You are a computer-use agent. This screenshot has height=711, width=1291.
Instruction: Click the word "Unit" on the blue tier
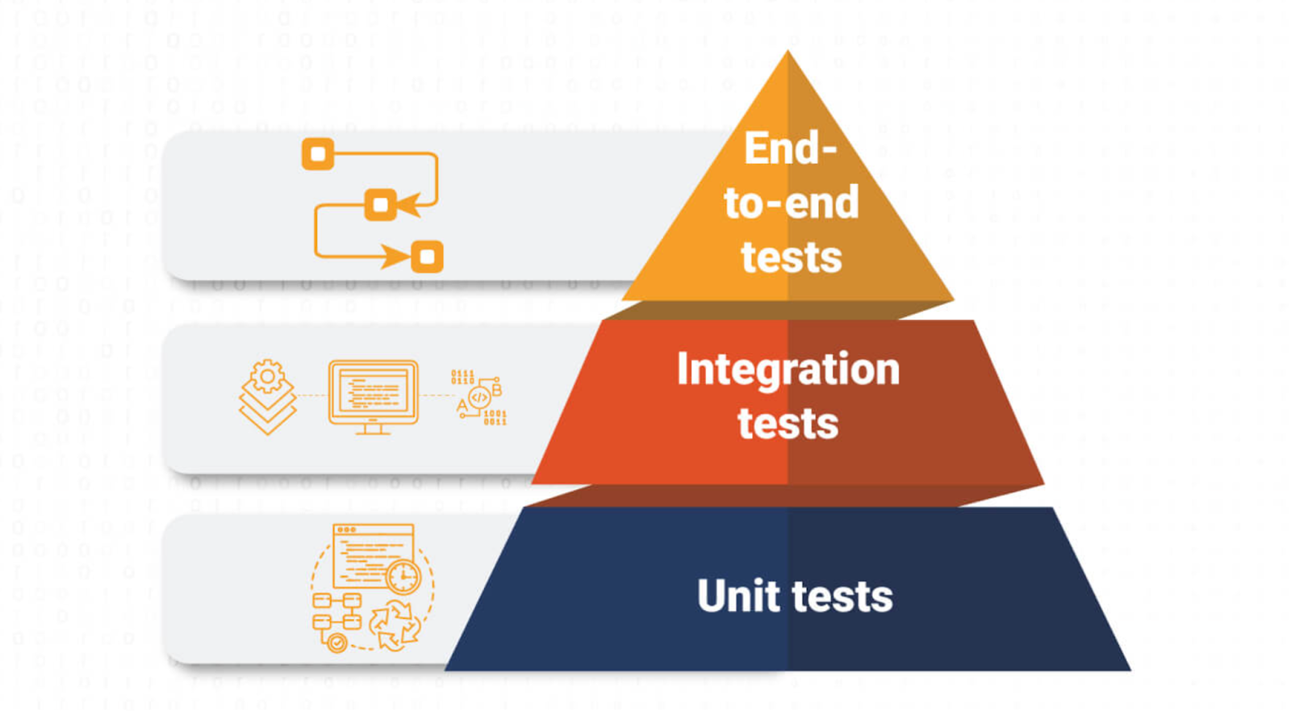[x=739, y=596]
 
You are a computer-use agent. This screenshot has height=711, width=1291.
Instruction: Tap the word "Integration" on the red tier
[x=788, y=370]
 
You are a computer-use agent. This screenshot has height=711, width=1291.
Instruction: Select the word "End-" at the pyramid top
[x=790, y=148]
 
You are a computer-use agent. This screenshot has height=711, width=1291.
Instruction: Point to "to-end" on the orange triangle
[x=791, y=203]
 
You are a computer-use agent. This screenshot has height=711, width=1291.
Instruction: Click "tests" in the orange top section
[x=791, y=257]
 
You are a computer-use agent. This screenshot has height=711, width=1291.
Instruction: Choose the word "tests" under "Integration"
[x=788, y=424]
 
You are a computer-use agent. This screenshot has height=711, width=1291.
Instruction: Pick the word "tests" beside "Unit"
[x=842, y=597]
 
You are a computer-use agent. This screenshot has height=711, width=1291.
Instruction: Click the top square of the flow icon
[x=318, y=154]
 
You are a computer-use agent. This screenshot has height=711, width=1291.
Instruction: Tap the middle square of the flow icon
[x=380, y=204]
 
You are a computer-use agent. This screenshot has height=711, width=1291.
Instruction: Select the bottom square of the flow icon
[x=427, y=257]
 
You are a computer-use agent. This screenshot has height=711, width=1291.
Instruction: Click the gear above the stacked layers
[x=267, y=376]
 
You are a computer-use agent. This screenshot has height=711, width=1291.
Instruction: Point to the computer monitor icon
[x=373, y=395]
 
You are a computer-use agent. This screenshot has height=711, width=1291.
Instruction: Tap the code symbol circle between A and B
[x=479, y=397]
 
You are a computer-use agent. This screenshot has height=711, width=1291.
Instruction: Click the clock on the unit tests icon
[x=403, y=577]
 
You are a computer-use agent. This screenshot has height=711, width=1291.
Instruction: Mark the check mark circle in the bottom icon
[x=336, y=642]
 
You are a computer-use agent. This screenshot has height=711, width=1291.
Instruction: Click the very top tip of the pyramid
[x=788, y=53]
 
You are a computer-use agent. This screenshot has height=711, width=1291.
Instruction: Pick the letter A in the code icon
[x=462, y=405]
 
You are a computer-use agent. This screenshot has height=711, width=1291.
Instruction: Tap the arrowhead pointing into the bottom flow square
[x=397, y=257]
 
